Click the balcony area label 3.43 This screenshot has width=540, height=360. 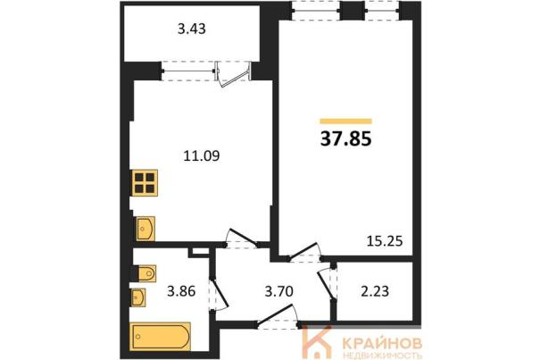[192, 29]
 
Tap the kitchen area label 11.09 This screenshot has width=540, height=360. [202, 155]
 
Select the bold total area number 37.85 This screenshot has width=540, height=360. [346, 139]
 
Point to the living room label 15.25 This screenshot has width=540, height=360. [385, 241]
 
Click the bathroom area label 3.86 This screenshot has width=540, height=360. [181, 291]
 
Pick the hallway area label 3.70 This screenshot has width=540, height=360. [279, 291]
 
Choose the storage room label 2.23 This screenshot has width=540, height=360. [375, 291]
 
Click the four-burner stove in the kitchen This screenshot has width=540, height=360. [145, 183]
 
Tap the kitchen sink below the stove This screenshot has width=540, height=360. [145, 229]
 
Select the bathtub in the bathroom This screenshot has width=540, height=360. [161, 336]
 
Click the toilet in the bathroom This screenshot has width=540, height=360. [146, 273]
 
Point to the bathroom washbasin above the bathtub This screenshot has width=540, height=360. [138, 297]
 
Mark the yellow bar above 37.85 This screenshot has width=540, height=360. [345, 121]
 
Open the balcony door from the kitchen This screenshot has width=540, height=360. [233, 75]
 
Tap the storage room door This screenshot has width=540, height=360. [327, 283]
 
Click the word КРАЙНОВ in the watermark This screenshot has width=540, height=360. [383, 343]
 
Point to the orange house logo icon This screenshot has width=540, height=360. [316, 342]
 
